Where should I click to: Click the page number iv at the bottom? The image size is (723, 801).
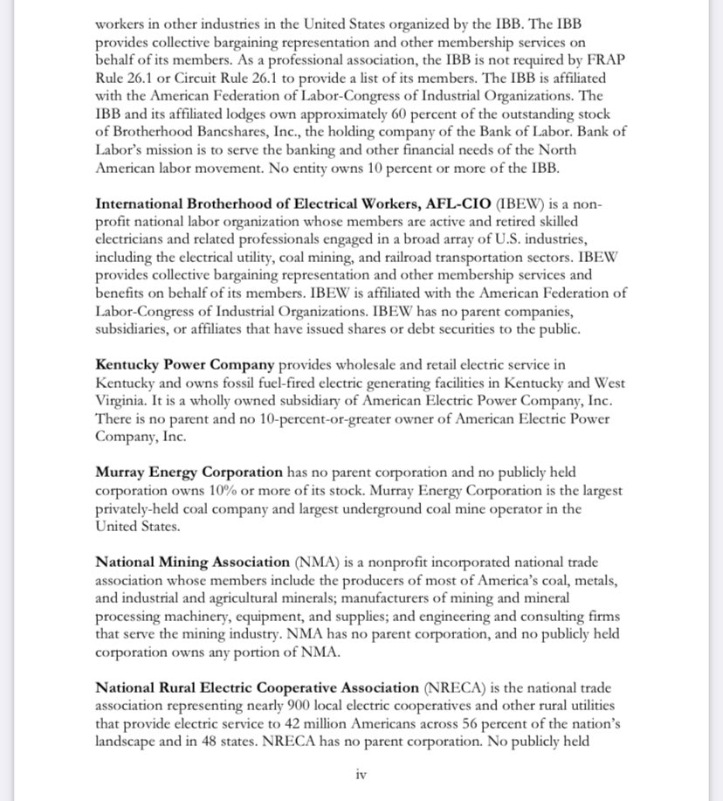361,774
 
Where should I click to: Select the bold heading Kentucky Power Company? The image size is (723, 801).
185,364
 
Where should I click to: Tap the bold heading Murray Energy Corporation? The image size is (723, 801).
189,472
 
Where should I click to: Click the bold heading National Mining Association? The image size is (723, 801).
192,562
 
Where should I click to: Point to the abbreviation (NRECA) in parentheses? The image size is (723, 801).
451,687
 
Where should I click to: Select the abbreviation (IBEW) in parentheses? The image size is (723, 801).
523,204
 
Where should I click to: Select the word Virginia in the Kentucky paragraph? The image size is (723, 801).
122,400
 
